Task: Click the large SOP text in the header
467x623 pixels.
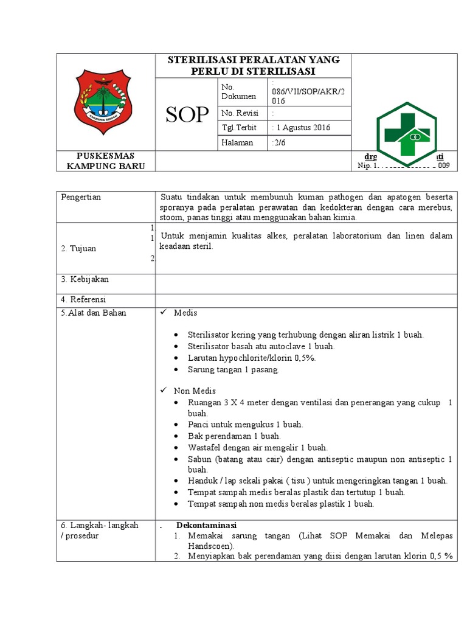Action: click(x=187, y=114)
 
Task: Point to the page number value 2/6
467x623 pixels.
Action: click(x=280, y=142)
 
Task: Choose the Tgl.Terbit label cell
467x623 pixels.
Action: click(x=240, y=128)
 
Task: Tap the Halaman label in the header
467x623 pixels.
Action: click(x=237, y=142)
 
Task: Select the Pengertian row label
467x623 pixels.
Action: click(x=81, y=197)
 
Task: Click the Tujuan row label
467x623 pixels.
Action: click(x=78, y=248)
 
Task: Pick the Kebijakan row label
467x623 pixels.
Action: click(x=85, y=279)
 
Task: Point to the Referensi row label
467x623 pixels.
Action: click(x=83, y=299)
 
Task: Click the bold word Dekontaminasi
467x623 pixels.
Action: click(x=206, y=525)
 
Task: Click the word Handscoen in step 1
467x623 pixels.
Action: click(x=210, y=547)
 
